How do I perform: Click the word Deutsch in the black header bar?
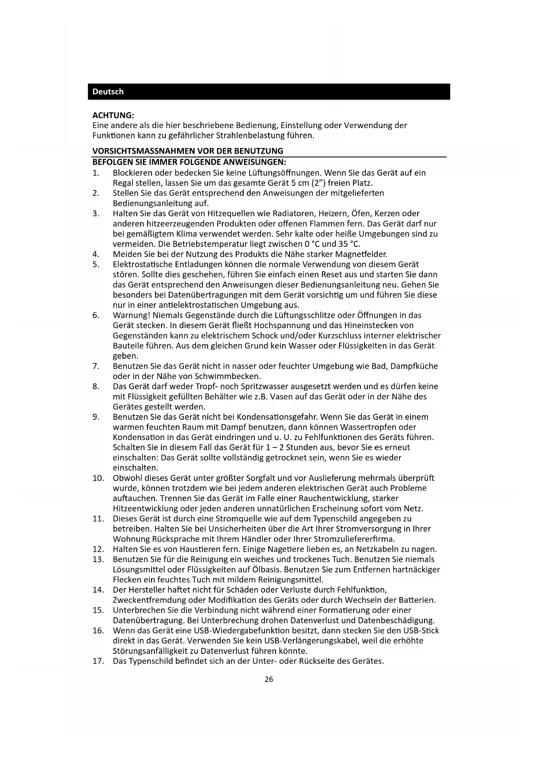click(x=108, y=92)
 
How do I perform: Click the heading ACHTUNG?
click(x=113, y=115)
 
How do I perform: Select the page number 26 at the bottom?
click(x=269, y=679)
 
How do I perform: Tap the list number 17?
click(x=98, y=661)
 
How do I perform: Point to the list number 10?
click(x=98, y=478)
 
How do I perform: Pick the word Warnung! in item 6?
click(x=132, y=315)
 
